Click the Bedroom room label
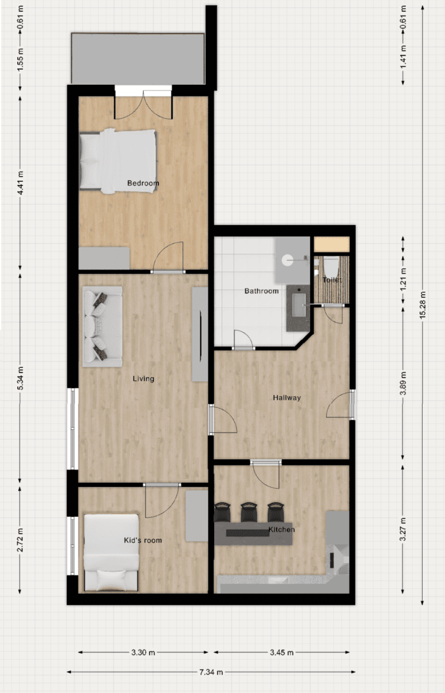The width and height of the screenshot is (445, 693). (143, 184)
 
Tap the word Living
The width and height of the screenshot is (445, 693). (143, 379)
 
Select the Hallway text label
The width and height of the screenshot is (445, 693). (287, 397)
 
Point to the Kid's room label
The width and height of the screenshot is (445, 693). (143, 541)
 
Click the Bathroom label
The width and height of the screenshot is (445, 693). (261, 291)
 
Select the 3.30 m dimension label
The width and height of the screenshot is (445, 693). (142, 653)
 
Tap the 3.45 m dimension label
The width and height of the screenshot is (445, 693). (282, 653)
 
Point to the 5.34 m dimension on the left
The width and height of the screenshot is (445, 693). (20, 378)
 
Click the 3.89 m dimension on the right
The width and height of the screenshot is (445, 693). (403, 383)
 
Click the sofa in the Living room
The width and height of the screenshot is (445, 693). (102, 326)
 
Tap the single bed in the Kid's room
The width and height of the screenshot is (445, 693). (111, 552)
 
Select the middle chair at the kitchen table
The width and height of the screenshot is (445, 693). (249, 511)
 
